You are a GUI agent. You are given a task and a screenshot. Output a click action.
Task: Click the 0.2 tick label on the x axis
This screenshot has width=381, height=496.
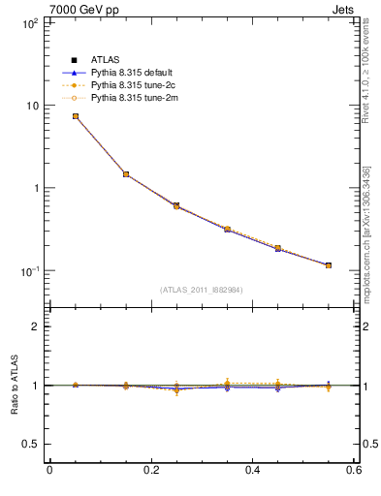point(150,470)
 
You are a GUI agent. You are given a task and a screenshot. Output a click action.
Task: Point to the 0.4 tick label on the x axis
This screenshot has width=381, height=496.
point(252,470)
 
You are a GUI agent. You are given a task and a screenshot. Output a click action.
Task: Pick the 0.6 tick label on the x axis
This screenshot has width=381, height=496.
point(353,470)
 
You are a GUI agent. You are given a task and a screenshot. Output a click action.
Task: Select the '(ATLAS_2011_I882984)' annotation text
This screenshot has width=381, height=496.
point(202,289)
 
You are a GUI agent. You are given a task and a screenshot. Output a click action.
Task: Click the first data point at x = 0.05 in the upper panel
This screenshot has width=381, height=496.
point(75,116)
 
